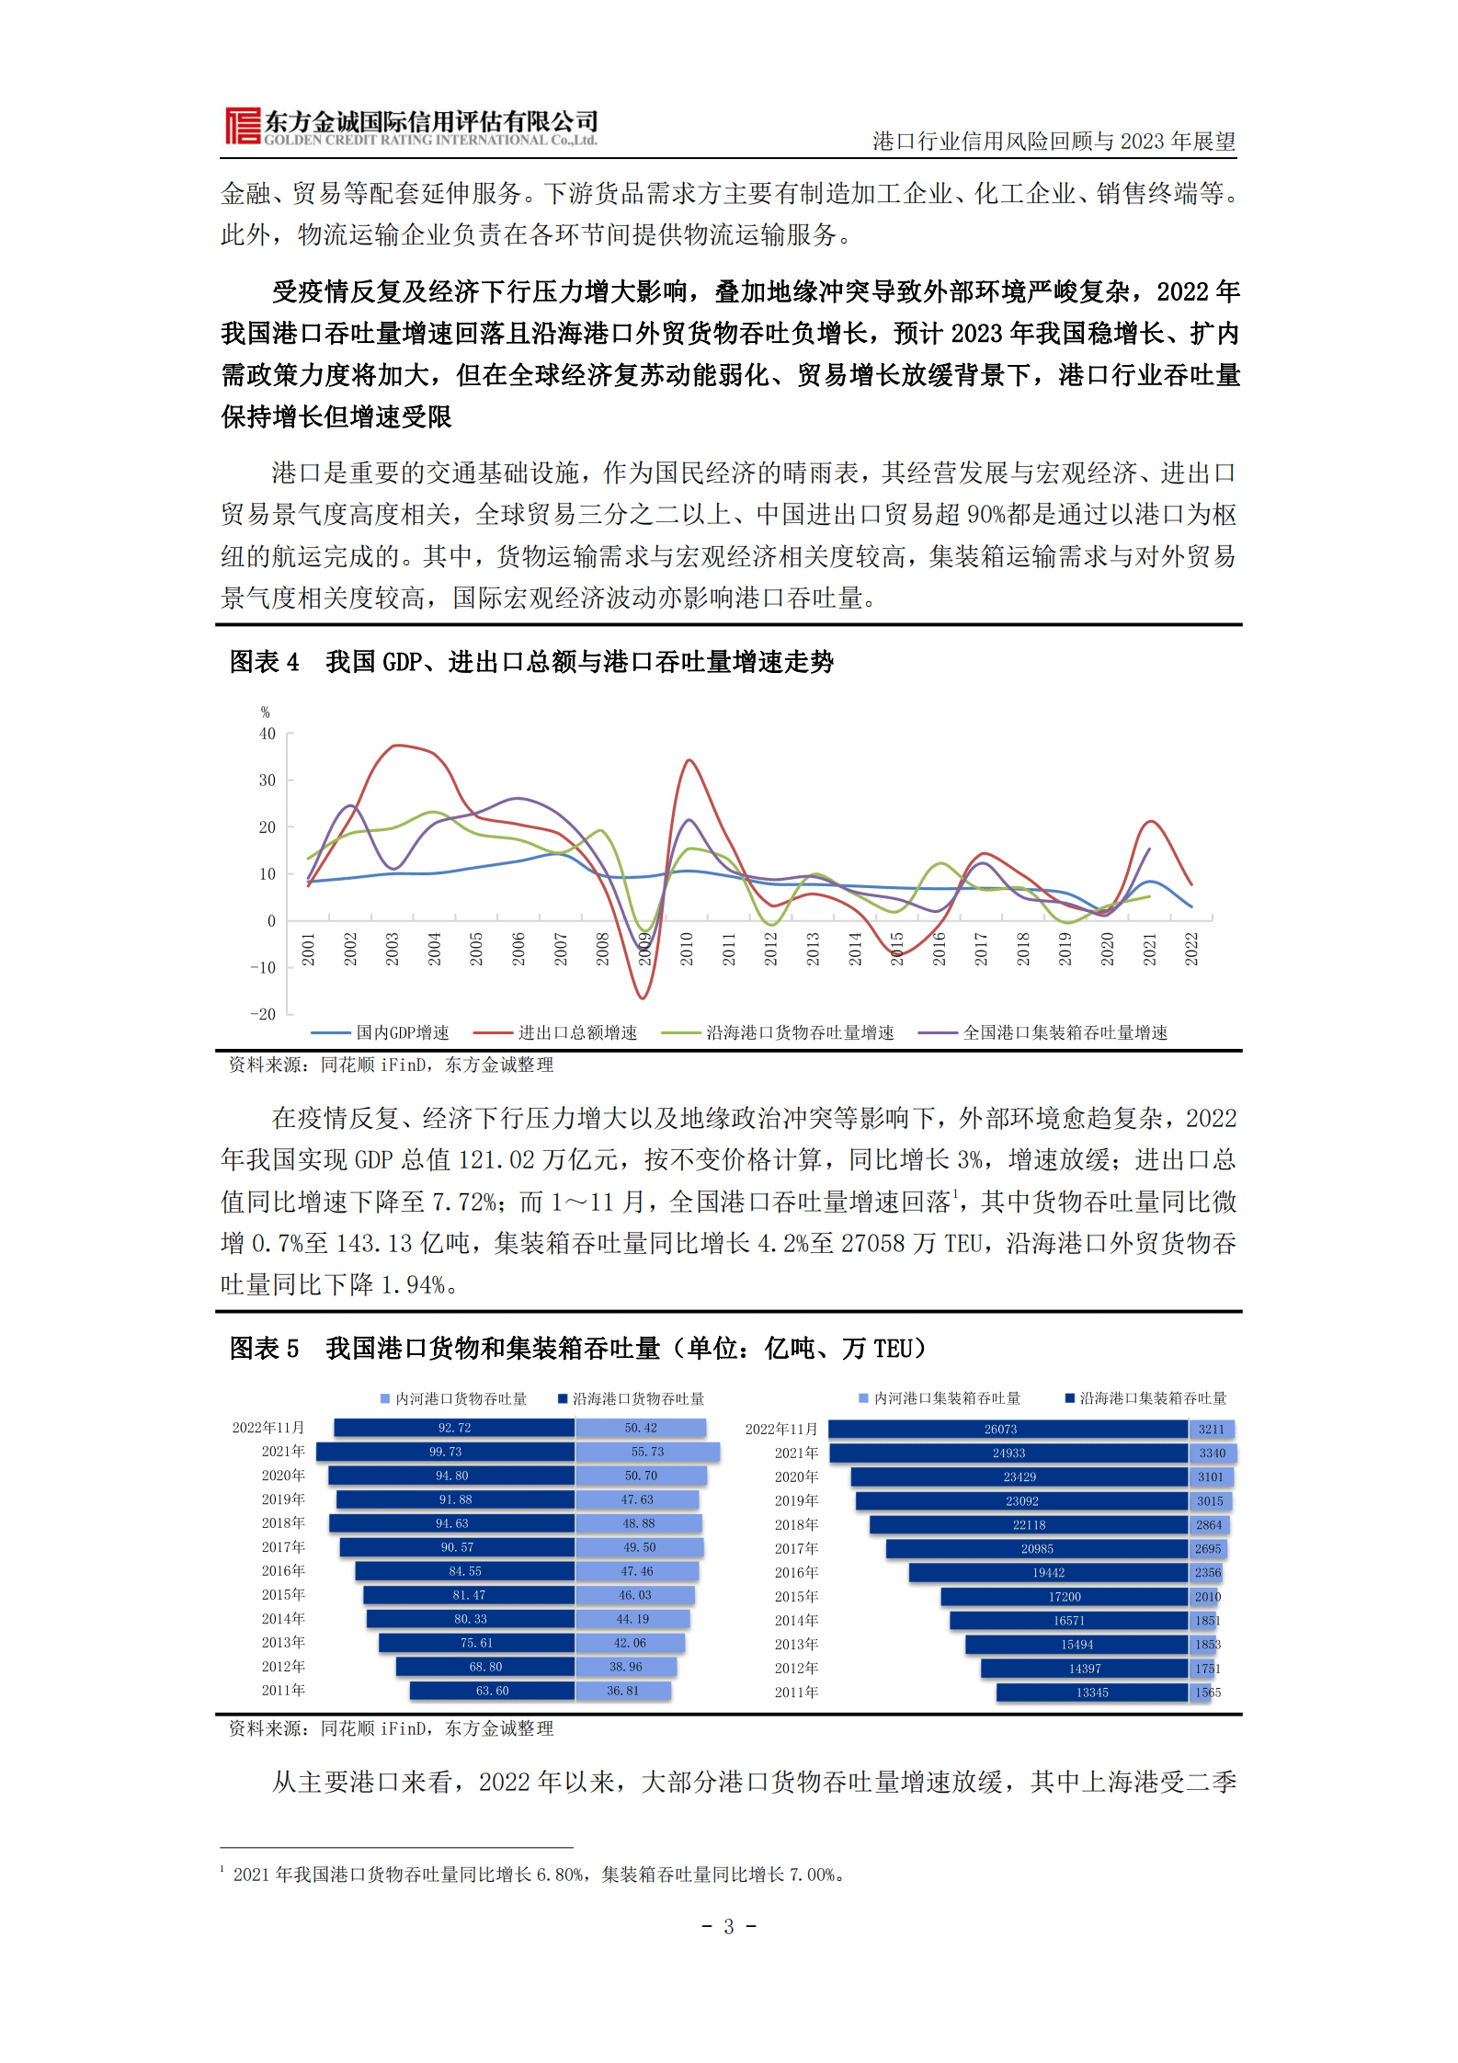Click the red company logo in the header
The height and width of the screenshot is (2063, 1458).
pyautogui.click(x=243, y=126)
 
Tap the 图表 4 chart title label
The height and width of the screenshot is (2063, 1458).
pyautogui.click(x=264, y=662)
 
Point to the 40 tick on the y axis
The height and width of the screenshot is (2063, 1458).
pyautogui.click(x=267, y=734)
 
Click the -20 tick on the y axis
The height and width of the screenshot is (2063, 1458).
pyautogui.click(x=263, y=1014)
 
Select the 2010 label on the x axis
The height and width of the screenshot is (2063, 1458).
pyautogui.click(x=687, y=949)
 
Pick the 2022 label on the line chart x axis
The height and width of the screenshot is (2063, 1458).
pyautogui.click(x=1191, y=949)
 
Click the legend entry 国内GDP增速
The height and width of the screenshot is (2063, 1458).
pyautogui.click(x=402, y=1032)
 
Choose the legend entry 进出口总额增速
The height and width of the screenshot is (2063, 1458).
pyautogui.click(x=576, y=1032)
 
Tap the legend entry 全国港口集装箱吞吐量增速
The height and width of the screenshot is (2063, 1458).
pyautogui.click(x=1065, y=1032)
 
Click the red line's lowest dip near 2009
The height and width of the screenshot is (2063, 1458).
pyautogui.click(x=643, y=997)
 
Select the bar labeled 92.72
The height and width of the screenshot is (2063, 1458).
pyautogui.click(x=454, y=1428)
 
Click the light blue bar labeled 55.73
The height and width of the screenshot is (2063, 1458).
pyautogui.click(x=647, y=1452)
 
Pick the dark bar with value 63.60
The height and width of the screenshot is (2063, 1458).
pyautogui.click(x=492, y=1691)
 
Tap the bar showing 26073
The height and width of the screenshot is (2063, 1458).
pyautogui.click(x=1008, y=1430)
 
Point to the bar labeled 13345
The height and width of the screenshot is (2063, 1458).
pyautogui.click(x=1092, y=1693)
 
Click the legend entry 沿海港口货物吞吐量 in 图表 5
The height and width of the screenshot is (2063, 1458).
pyautogui.click(x=637, y=1398)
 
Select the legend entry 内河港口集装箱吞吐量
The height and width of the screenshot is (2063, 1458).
pyautogui.click(x=946, y=1398)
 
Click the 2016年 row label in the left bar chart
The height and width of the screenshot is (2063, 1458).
pyautogui.click(x=283, y=1571)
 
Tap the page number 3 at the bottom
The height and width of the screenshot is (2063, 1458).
pyautogui.click(x=728, y=1926)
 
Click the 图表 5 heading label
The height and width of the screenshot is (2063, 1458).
pyautogui.click(x=264, y=1349)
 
